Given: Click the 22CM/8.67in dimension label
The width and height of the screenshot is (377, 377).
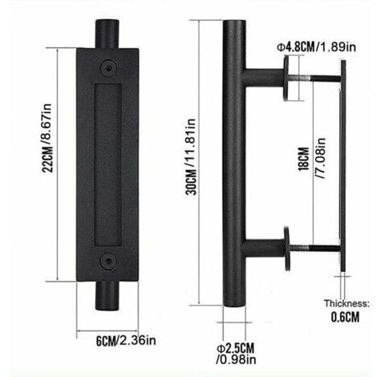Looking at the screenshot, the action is pos(47,138).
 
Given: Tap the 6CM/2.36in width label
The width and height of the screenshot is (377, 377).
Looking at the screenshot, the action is pos(126,341).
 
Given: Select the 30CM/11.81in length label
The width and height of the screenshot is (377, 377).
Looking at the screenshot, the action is pos(191,156).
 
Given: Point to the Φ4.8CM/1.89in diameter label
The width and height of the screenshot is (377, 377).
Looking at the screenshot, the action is pos(317,47).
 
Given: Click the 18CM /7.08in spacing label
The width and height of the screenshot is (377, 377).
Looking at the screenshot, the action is pos(312,159).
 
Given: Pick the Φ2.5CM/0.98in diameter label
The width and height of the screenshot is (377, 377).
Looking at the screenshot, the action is pos(236,354).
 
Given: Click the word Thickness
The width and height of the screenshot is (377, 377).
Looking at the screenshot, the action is pos(347,303).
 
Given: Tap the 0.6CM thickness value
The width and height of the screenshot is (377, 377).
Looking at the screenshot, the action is pos(345,317).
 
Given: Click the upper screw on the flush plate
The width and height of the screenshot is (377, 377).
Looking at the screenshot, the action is pos(108,67).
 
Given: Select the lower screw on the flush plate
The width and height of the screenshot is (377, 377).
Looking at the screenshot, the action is pos(108,261).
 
